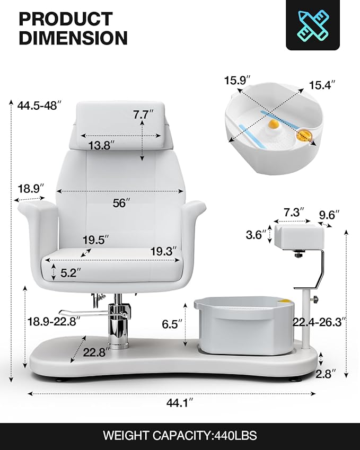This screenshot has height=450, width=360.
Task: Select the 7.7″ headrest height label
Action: (143, 114)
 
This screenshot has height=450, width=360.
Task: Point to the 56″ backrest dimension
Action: (121, 202)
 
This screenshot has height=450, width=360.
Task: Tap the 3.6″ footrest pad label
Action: (256, 235)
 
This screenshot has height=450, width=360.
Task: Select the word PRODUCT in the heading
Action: (66, 19)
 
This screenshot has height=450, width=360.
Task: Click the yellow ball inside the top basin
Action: (273, 126)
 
